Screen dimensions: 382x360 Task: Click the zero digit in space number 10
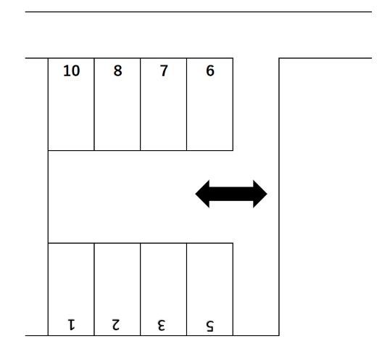(75, 71)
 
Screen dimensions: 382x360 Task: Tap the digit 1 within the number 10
(66, 71)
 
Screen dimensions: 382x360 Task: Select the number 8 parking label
(117, 71)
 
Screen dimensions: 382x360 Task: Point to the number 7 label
(164, 70)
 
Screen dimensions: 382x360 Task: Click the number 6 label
(210, 71)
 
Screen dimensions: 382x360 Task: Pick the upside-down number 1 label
(71, 324)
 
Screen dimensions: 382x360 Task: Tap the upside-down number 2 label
(116, 324)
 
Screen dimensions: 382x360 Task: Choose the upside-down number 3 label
(161, 325)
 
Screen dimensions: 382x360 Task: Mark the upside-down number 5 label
(209, 326)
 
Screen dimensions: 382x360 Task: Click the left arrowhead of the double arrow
(202, 194)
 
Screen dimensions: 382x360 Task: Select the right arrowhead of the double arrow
(260, 194)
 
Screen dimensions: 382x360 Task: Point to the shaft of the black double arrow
(231, 194)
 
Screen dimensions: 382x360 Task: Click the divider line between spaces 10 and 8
(94, 105)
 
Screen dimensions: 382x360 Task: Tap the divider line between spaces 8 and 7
(141, 105)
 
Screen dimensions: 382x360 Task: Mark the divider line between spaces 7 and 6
(186, 105)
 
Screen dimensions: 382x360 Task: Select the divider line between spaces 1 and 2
(94, 290)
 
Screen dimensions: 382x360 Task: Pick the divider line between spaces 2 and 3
(141, 290)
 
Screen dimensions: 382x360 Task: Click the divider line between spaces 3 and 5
(186, 290)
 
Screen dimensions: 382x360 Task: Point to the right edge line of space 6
(233, 105)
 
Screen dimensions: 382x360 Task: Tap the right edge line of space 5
(233, 290)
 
